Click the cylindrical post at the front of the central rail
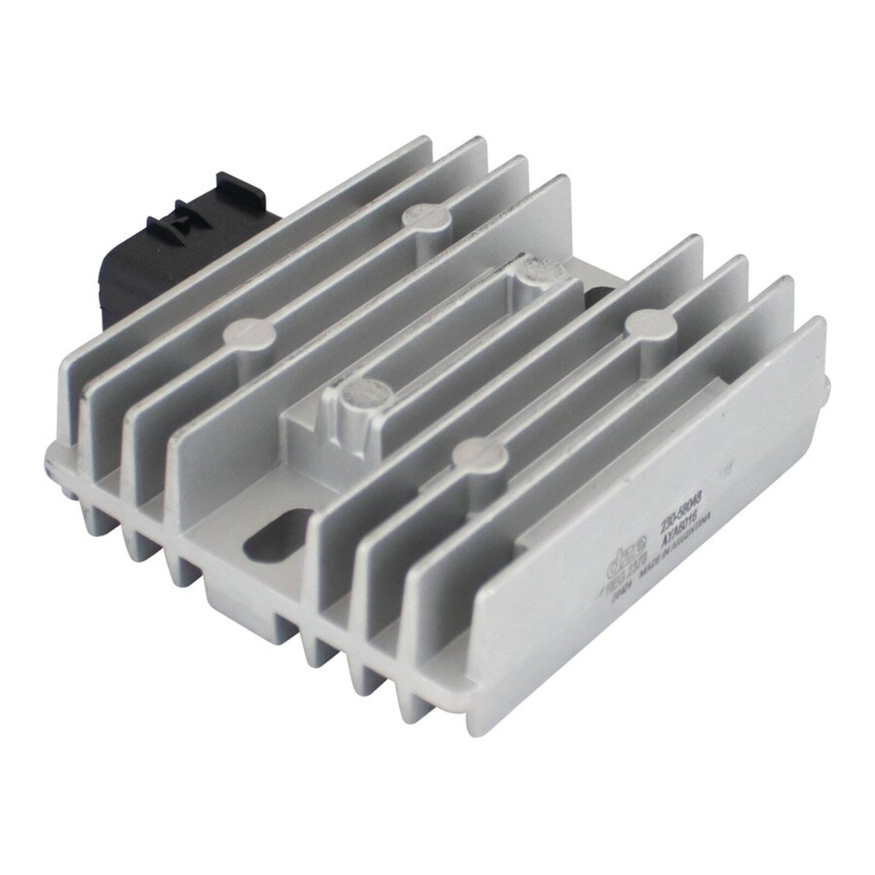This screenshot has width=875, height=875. [361, 394]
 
